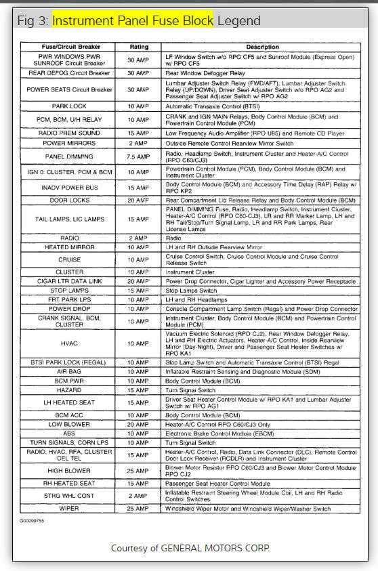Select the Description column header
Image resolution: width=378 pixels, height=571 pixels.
(262, 47)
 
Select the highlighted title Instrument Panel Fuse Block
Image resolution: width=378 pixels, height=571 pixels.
(133, 20)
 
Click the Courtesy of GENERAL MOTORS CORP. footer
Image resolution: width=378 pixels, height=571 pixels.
(190, 547)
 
